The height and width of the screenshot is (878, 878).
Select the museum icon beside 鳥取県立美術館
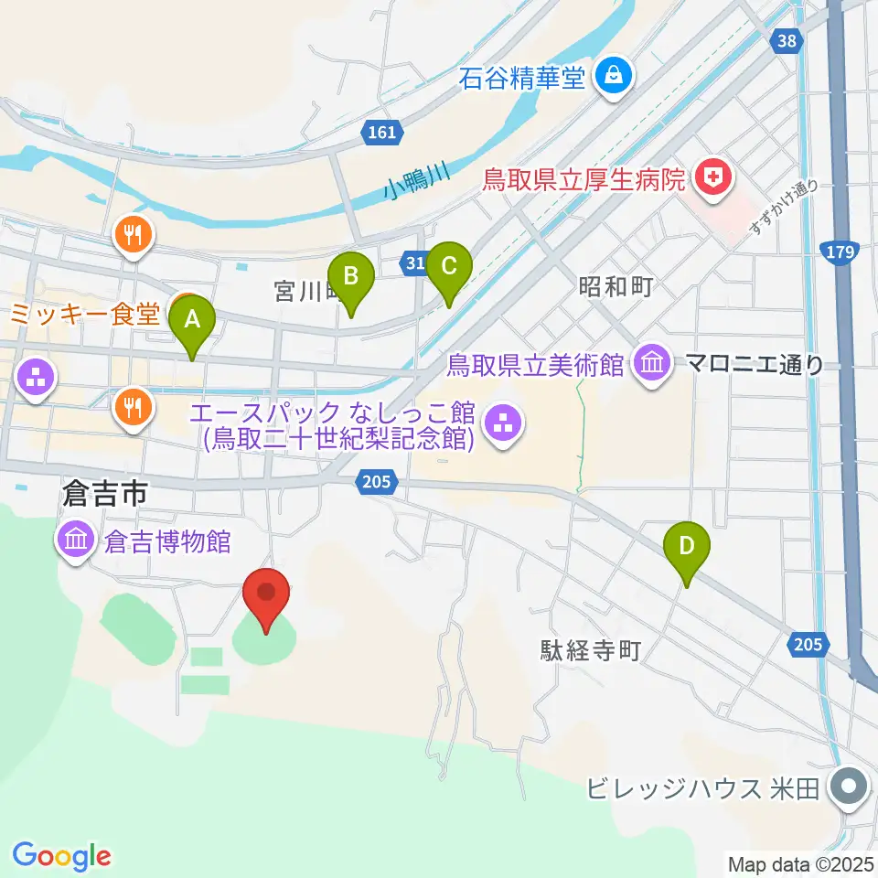[651, 363]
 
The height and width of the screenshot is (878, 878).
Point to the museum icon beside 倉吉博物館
[76, 541]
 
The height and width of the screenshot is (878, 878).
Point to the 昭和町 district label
[615, 287]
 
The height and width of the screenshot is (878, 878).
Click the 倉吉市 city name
[103, 495]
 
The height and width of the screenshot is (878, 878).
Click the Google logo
[62, 856]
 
